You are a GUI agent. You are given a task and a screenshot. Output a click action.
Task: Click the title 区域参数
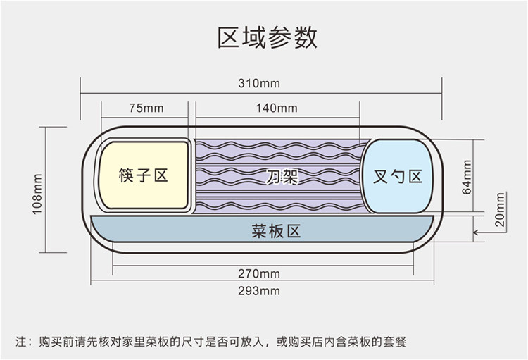pos(267,38)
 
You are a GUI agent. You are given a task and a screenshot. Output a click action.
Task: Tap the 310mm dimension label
pos(259,83)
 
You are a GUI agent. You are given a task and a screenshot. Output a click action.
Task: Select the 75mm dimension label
pos(146,108)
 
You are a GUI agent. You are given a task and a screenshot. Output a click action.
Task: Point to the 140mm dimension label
pos(277,108)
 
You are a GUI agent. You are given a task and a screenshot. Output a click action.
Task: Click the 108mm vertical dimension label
pos(37,194)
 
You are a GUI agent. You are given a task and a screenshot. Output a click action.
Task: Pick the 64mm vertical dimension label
pos(467,178)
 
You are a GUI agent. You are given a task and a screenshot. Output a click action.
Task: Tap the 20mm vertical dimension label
pos(500,209)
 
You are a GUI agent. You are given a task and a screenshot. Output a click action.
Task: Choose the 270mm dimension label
pos(259,273)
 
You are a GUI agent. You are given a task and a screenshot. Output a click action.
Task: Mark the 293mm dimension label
pos(259,290)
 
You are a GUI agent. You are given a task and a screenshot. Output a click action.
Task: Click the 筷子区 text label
pos(143,175)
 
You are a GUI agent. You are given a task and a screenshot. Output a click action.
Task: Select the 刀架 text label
pos(282,176)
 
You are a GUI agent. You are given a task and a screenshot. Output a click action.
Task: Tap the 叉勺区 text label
pos(397,176)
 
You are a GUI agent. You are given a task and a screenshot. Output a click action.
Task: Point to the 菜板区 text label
pos(276,231)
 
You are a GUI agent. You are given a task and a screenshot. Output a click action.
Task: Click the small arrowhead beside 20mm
pos(475,232)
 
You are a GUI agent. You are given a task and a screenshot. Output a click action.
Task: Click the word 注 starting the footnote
pos(20,342)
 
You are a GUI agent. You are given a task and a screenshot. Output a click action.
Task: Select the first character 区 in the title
pos(228,38)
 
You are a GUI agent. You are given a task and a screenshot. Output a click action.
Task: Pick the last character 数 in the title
pos(306,38)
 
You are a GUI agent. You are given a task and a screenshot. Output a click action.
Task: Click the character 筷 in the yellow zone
pos(126,175)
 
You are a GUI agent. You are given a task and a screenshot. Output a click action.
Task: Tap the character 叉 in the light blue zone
pos(380,176)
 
